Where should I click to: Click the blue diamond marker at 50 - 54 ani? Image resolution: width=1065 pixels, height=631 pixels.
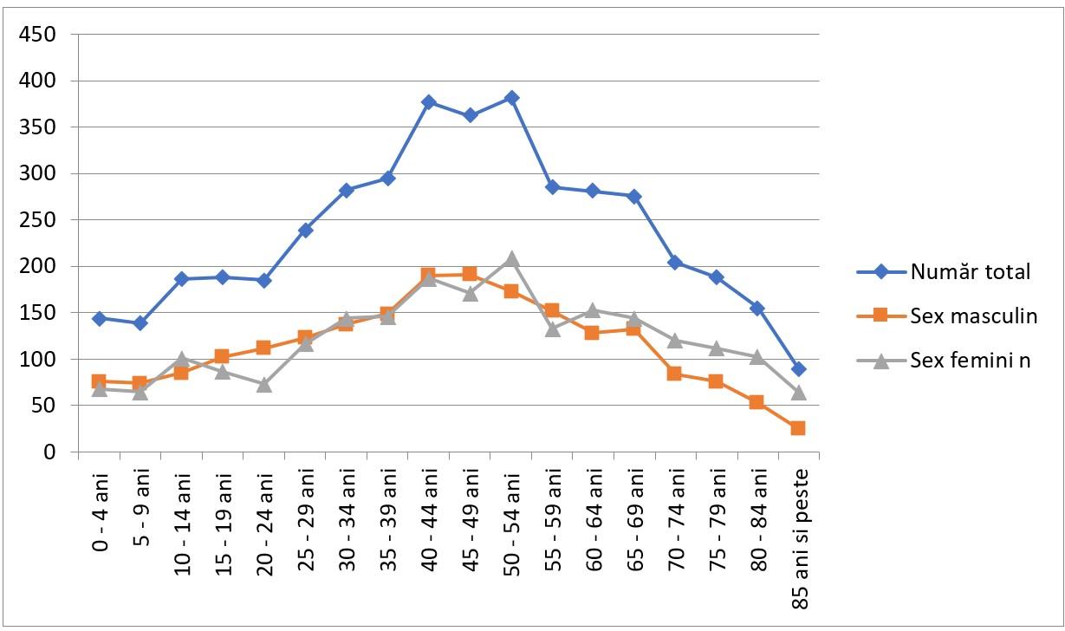pyautogui.click(x=511, y=98)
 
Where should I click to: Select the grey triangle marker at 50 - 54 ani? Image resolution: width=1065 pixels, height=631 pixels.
pyautogui.click(x=511, y=259)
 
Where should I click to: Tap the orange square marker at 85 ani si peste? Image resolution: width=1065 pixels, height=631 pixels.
pyautogui.click(x=798, y=428)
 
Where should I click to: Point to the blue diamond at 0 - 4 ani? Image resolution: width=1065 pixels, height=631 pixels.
pyautogui.click(x=99, y=319)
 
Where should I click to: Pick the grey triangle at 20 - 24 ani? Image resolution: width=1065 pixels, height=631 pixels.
pyautogui.click(x=264, y=385)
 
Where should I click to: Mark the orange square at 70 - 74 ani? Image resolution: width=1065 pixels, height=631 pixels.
pyautogui.click(x=674, y=374)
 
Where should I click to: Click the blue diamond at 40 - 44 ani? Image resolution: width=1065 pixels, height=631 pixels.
pyautogui.click(x=428, y=102)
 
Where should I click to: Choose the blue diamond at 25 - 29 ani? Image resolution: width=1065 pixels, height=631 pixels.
pyautogui.click(x=305, y=231)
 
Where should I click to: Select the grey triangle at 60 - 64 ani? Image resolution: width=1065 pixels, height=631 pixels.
pyautogui.click(x=593, y=310)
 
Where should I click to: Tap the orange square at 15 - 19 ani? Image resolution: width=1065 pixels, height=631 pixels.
pyautogui.click(x=222, y=356)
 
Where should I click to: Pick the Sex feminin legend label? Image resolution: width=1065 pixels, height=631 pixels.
pyautogui.click(x=970, y=361)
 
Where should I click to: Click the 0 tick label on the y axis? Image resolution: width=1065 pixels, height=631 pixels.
pyautogui.click(x=49, y=452)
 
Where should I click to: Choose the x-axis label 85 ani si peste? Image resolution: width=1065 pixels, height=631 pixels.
pyautogui.click(x=800, y=539)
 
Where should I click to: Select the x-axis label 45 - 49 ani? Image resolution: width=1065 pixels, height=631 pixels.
pyautogui.click(x=470, y=523)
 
